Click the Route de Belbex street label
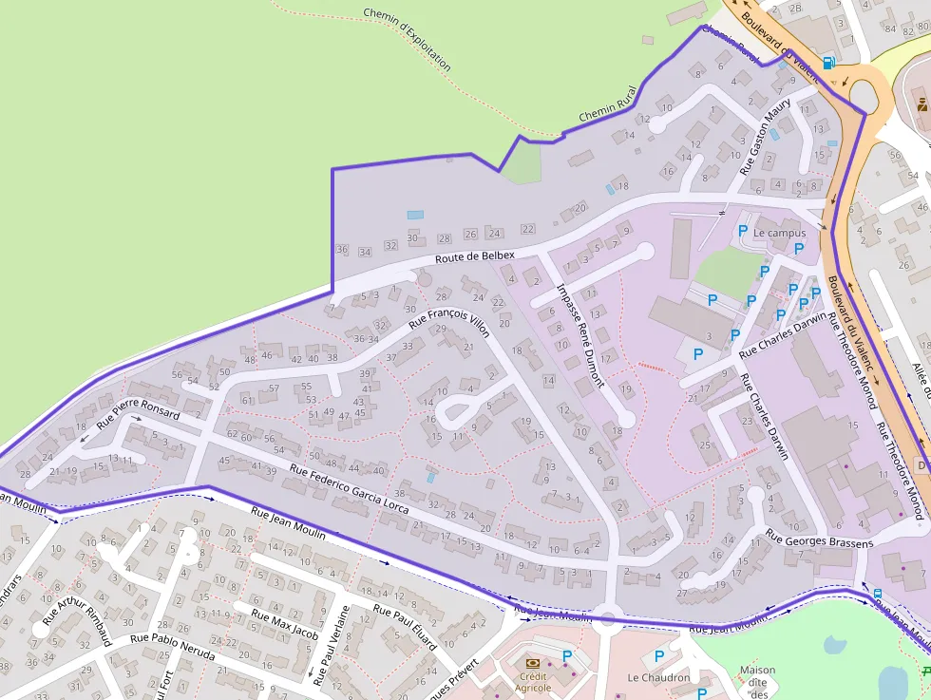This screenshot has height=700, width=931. point(475,256)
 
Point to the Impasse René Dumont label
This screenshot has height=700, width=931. point(580,335)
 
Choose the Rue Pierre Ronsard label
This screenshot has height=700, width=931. point(138,415)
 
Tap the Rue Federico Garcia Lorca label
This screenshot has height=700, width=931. point(349,489)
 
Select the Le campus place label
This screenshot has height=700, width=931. point(779,233)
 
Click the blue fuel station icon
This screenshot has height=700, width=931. point(829,63)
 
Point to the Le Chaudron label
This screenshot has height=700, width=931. point(658,678)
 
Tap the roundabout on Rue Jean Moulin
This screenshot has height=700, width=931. point(607,621)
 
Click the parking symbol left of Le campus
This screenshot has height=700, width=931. point(743,231)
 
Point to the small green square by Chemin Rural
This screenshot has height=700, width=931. point(520,163)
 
